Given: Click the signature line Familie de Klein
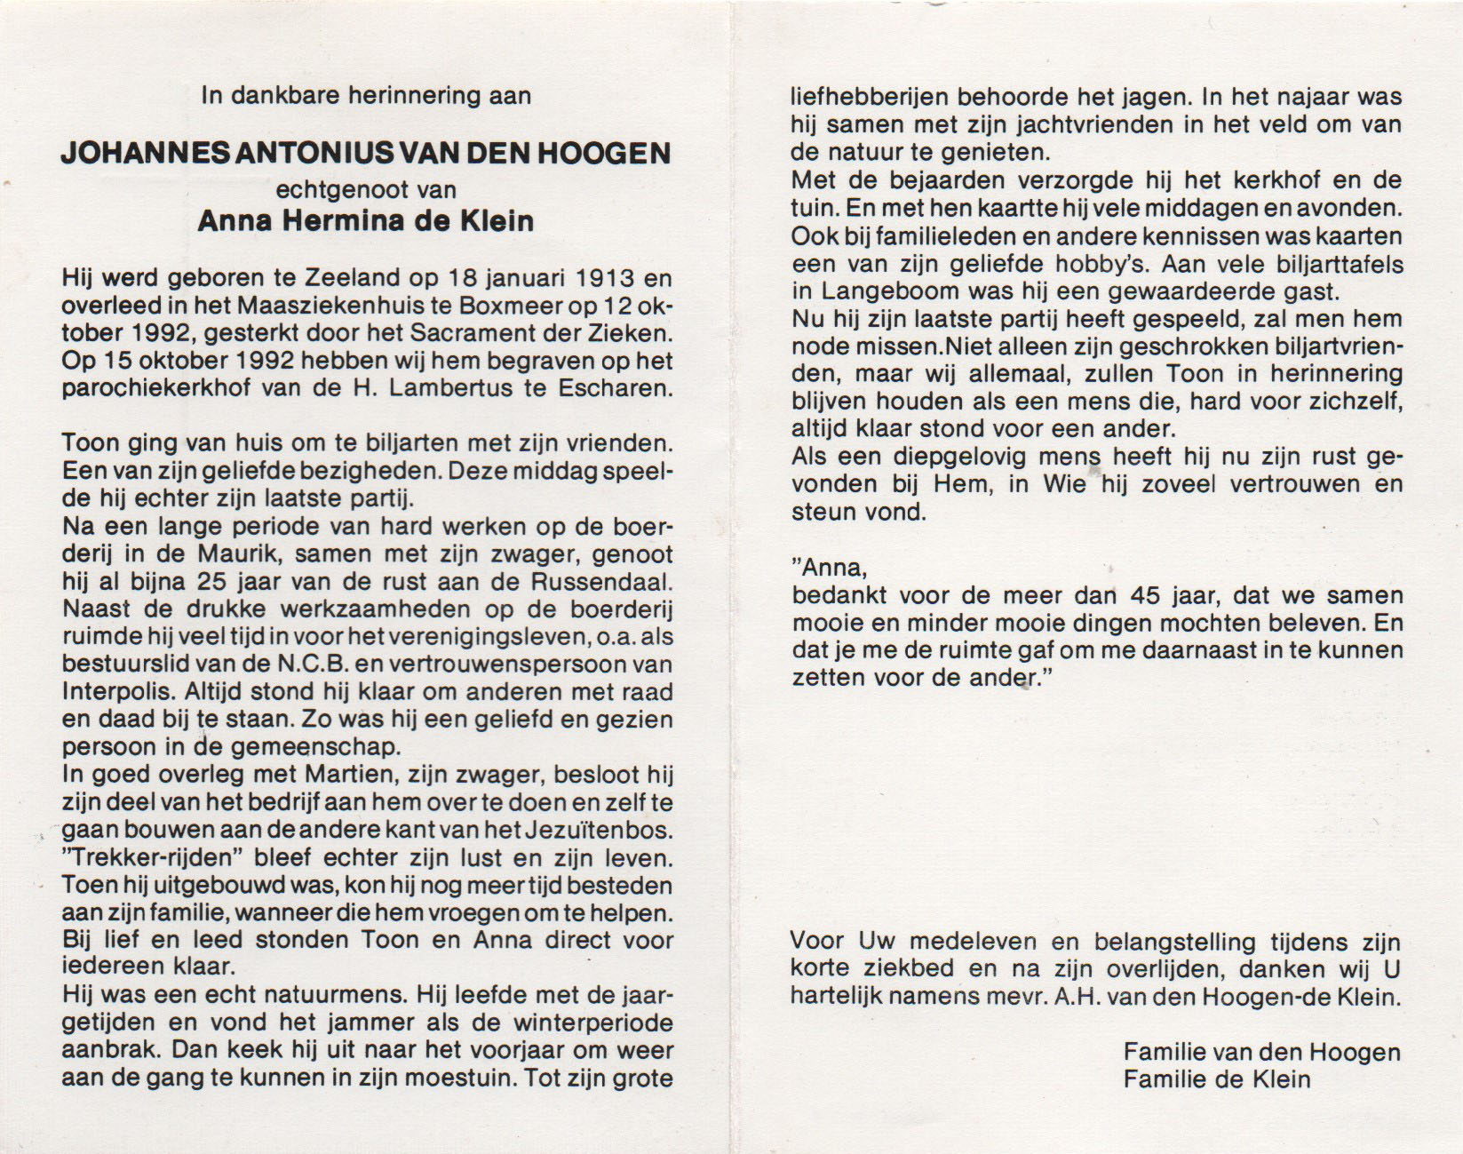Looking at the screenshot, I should (1216, 1079).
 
